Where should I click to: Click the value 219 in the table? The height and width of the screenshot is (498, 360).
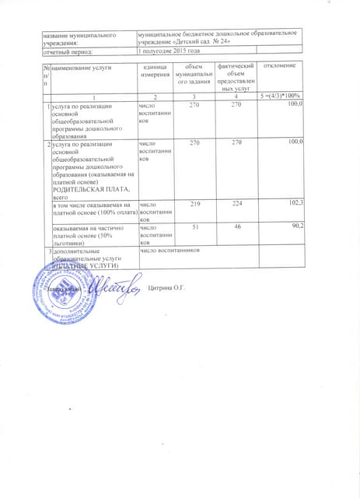tap(194, 204)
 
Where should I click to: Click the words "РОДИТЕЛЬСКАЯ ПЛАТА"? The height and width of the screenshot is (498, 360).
tap(83, 189)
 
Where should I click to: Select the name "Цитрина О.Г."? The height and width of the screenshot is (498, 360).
tap(168, 289)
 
